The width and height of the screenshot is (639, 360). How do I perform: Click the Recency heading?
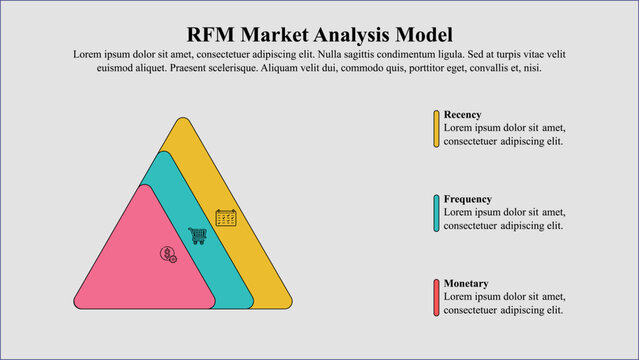462,115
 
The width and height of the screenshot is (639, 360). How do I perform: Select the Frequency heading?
467,199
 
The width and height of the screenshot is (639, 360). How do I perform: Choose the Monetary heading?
466,283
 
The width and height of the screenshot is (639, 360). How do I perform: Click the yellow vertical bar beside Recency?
436,129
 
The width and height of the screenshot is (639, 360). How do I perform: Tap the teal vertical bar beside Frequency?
436,213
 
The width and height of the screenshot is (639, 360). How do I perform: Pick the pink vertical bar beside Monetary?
436,297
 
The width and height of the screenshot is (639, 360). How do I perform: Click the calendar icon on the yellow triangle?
226,217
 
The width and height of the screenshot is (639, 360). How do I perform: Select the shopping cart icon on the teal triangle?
198,235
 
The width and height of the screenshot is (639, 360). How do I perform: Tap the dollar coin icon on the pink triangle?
168,254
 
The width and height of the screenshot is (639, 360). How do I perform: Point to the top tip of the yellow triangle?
181,121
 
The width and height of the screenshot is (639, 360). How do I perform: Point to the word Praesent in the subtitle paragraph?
209,69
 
